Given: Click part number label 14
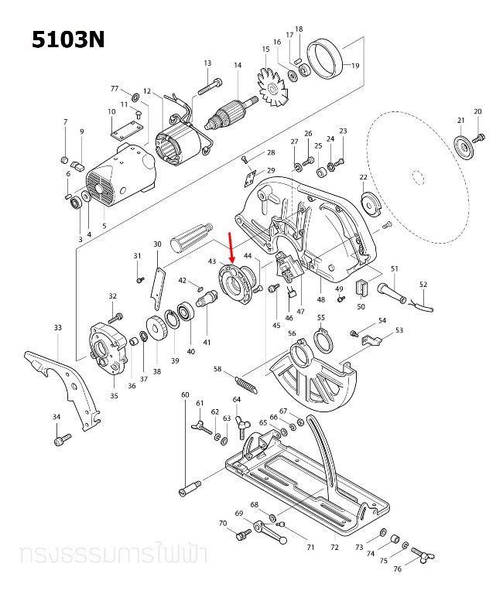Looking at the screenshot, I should (x=238, y=66).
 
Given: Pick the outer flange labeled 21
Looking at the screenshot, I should (x=463, y=146).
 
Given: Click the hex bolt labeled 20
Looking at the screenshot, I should (x=479, y=138).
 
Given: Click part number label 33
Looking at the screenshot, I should (x=57, y=328).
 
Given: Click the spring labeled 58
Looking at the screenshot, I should (x=245, y=382).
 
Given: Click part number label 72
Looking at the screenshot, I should (x=334, y=547).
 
